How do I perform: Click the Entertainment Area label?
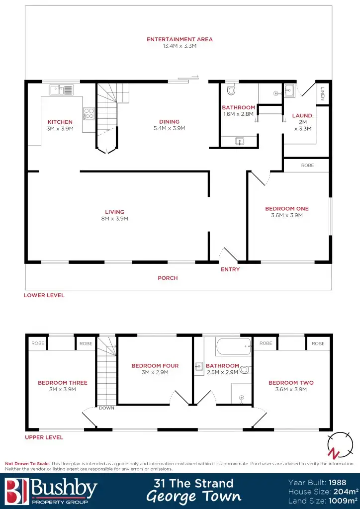[x=180, y=39]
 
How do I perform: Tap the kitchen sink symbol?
[x=61, y=90]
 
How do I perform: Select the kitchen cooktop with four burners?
[x=89, y=113]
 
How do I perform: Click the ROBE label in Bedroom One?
[x=307, y=165]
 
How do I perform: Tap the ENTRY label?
[x=230, y=269]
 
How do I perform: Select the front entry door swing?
[x=229, y=254]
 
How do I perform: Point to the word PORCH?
[x=168, y=278]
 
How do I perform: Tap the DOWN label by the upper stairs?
[x=106, y=408]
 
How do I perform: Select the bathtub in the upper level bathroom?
[x=234, y=346]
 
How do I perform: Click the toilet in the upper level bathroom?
[x=245, y=369]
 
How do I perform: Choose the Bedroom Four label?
[x=155, y=366]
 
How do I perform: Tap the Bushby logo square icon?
[x=15, y=490]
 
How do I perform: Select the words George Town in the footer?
[x=194, y=497]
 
